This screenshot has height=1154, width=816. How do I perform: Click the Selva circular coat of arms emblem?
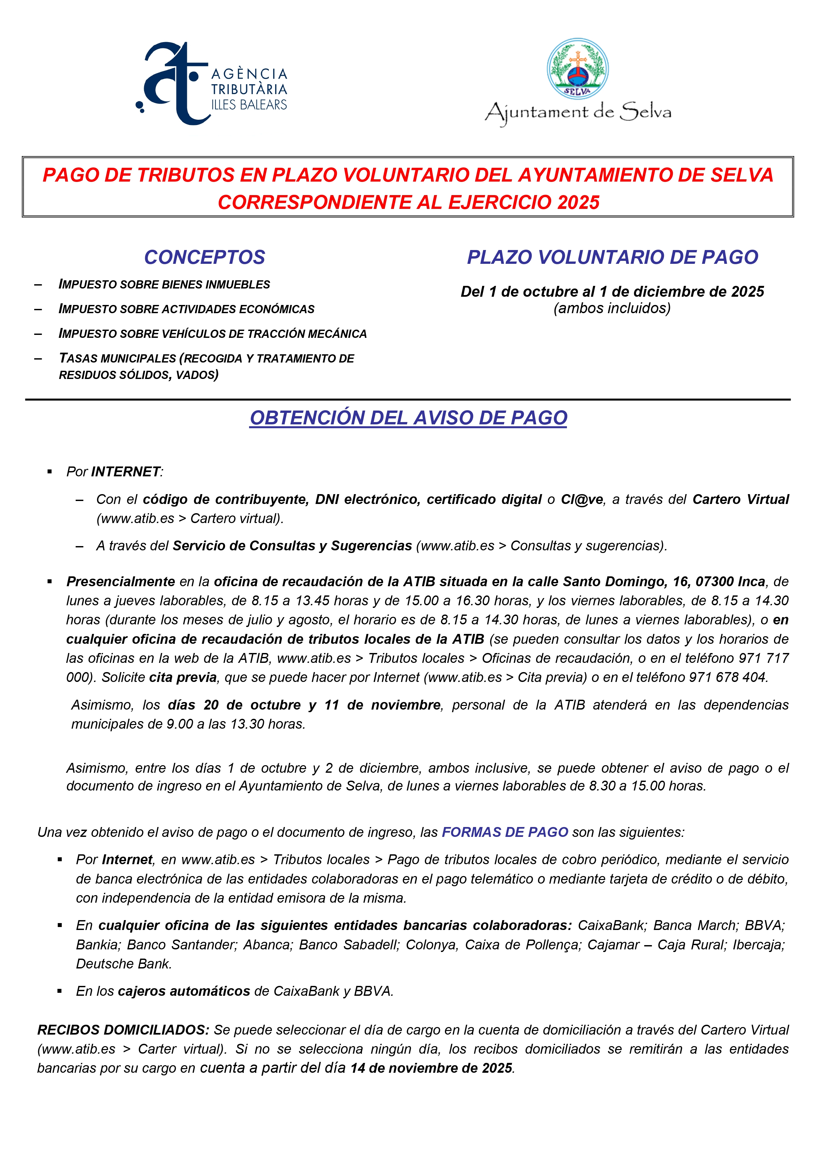click(578, 69)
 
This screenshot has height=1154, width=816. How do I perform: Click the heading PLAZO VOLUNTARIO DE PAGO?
click(612, 257)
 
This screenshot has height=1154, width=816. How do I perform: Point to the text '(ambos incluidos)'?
click(612, 308)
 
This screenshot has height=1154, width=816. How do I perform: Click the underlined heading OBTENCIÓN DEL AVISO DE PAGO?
click(408, 418)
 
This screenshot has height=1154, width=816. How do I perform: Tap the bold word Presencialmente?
click(121, 582)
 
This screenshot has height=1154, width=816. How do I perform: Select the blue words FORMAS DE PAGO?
click(505, 832)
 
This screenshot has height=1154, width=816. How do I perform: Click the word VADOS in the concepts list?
click(196, 375)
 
